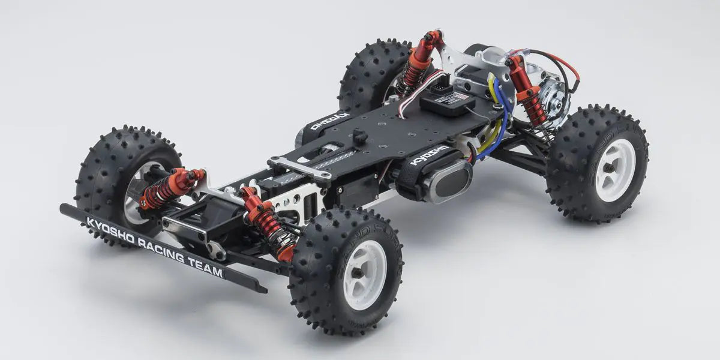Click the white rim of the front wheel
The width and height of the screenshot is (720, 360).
(364, 275)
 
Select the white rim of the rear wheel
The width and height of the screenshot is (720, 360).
(614, 162)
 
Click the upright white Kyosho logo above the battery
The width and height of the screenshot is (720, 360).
(428, 155)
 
